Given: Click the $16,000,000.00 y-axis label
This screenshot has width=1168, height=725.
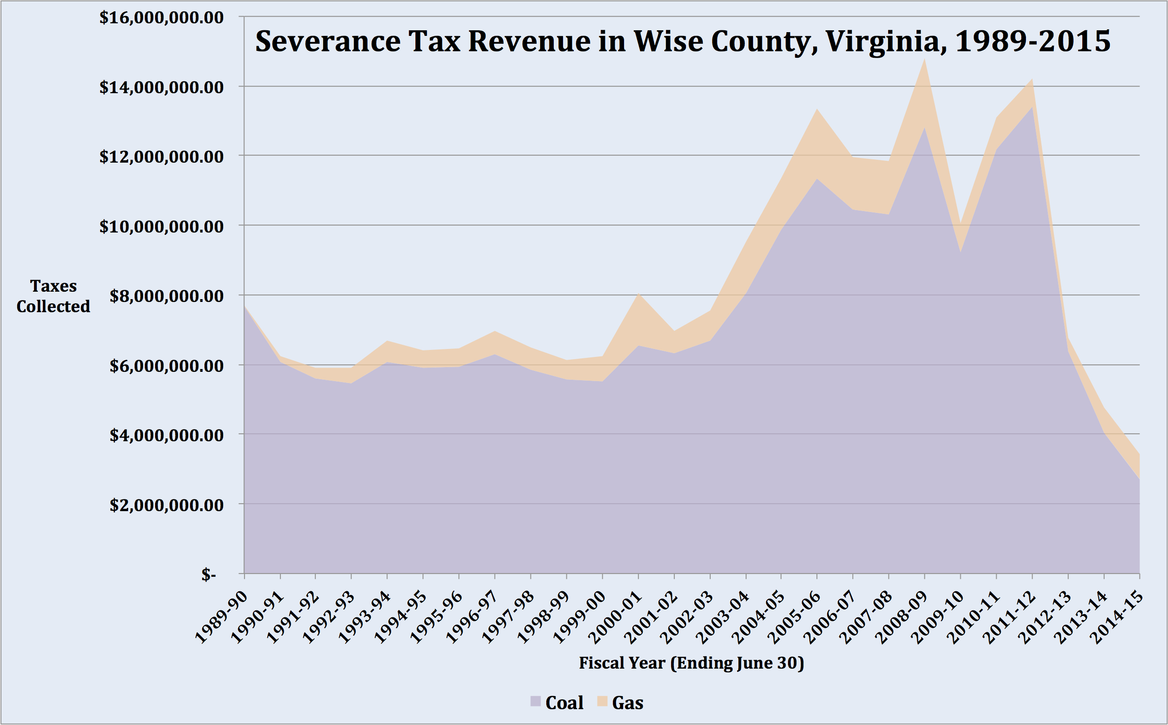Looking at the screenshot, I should click(x=161, y=18).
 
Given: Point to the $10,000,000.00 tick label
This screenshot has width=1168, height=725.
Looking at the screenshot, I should click(x=161, y=226).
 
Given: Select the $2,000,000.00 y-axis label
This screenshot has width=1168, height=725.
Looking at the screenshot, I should click(x=166, y=505).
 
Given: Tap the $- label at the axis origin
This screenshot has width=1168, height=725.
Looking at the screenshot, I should click(x=209, y=574).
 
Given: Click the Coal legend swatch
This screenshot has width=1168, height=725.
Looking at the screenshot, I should click(x=536, y=702).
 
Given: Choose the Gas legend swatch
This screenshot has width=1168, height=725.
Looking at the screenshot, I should click(x=602, y=702).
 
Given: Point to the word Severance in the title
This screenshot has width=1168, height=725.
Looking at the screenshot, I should click(x=328, y=42).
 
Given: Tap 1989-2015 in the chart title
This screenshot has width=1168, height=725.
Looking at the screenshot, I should click(x=1033, y=42).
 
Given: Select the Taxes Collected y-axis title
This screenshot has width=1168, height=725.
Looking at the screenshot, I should click(x=53, y=296).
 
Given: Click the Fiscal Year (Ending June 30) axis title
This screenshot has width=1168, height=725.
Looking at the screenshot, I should click(x=691, y=663).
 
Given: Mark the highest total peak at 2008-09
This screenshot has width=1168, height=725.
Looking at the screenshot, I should click(x=924, y=60).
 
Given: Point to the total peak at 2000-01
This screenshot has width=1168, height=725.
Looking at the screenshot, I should click(x=638, y=294).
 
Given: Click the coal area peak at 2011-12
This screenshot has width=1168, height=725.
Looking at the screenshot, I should click(x=1032, y=108).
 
